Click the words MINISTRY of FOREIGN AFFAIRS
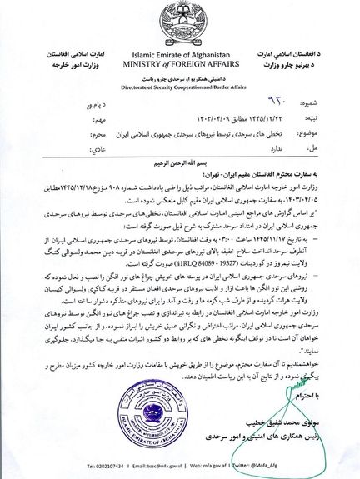point(180,62)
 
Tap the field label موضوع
point(339,132)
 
